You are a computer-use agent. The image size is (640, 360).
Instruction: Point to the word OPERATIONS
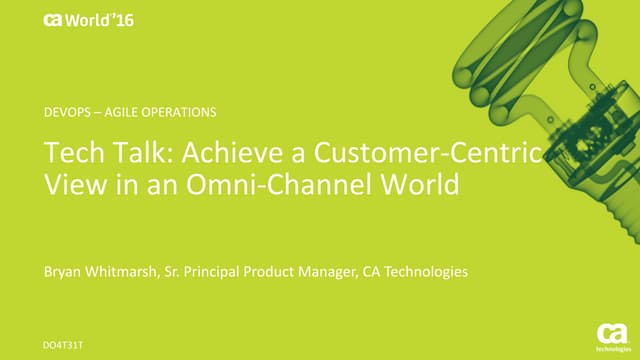pyautogui.click(x=182, y=111)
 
